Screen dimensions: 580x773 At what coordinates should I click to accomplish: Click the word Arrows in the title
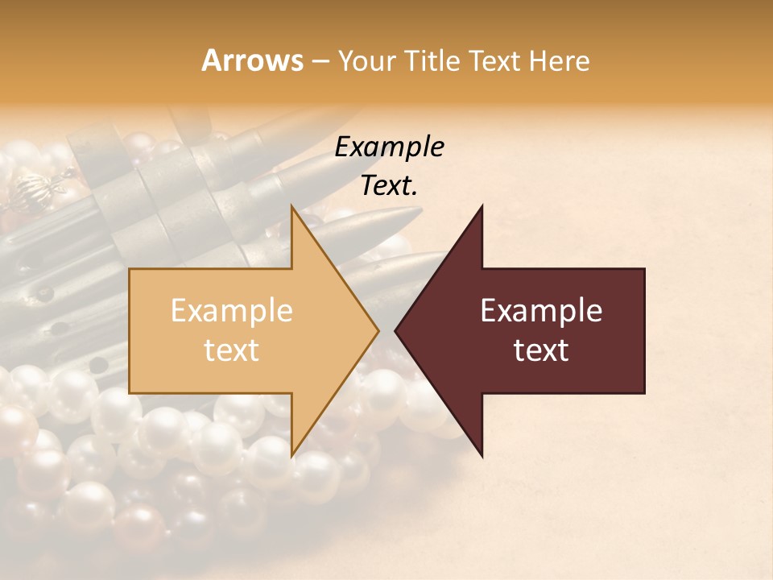[252, 60]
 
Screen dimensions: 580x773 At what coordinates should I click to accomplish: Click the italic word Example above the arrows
[389, 147]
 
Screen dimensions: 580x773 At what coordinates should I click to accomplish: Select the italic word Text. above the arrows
[389, 186]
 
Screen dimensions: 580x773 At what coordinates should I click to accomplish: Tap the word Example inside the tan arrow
[231, 311]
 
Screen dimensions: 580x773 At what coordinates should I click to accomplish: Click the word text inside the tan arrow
[231, 350]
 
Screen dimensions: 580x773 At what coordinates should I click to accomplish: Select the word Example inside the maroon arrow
[541, 311]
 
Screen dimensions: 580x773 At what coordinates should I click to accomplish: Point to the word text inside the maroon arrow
[541, 350]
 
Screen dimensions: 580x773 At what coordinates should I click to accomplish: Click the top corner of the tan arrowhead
[293, 208]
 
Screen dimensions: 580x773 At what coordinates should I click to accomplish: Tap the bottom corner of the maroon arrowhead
[482, 455]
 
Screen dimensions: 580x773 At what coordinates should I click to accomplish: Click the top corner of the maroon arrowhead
[482, 208]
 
